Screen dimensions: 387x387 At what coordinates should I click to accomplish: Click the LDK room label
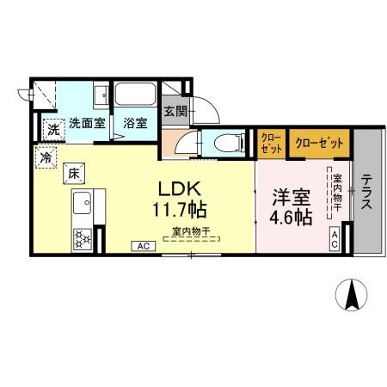(180, 187)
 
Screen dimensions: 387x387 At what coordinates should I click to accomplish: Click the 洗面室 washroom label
(87, 123)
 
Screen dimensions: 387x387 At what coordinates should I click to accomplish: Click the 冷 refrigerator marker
(45, 157)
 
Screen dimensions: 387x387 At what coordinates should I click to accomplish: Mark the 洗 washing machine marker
(53, 130)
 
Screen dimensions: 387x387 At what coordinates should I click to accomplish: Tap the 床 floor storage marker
(74, 172)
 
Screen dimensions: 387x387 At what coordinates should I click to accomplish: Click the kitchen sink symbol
(84, 204)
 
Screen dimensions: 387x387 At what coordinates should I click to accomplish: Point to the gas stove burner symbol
(84, 237)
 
